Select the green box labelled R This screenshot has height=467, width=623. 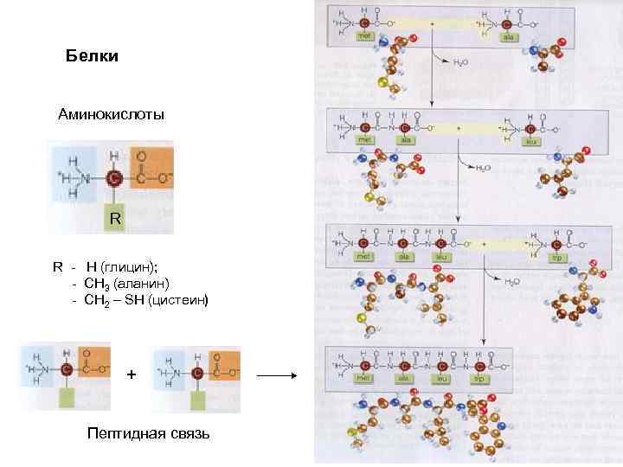(114, 220)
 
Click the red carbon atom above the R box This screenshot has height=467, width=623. (114, 179)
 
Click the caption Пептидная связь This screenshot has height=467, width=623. (148, 432)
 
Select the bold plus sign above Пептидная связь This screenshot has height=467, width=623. (131, 374)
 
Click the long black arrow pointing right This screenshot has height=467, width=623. (277, 376)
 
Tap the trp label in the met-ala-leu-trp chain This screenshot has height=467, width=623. (477, 379)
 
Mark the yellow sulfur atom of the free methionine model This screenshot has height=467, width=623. (383, 83)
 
